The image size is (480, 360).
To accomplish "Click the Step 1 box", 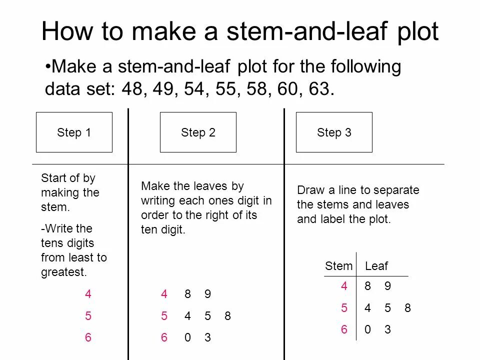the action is [74, 132].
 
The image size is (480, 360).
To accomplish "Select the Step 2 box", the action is [198, 132].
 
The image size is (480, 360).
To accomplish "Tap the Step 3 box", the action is [334, 132].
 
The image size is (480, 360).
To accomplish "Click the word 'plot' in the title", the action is [418, 32].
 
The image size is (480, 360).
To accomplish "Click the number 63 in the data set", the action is [319, 89].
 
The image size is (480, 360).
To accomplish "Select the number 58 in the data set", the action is [256, 89].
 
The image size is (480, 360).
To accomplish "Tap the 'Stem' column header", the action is [338, 266].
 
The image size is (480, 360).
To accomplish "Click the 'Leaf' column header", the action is [376, 266].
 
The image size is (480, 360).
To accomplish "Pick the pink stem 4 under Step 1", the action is [88, 294].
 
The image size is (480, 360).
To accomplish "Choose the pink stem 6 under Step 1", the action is [88, 337].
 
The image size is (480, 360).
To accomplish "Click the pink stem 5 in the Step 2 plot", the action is [164, 315].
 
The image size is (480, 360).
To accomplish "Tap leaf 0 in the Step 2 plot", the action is [187, 337].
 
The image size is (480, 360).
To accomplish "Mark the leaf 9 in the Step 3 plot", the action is [387, 286].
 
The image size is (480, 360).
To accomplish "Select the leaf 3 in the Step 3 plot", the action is [387, 329].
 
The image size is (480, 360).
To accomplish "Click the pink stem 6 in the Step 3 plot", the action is [344, 329].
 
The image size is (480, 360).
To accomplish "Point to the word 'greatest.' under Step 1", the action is [64, 272].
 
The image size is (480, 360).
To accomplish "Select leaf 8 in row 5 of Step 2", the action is [227, 315].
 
